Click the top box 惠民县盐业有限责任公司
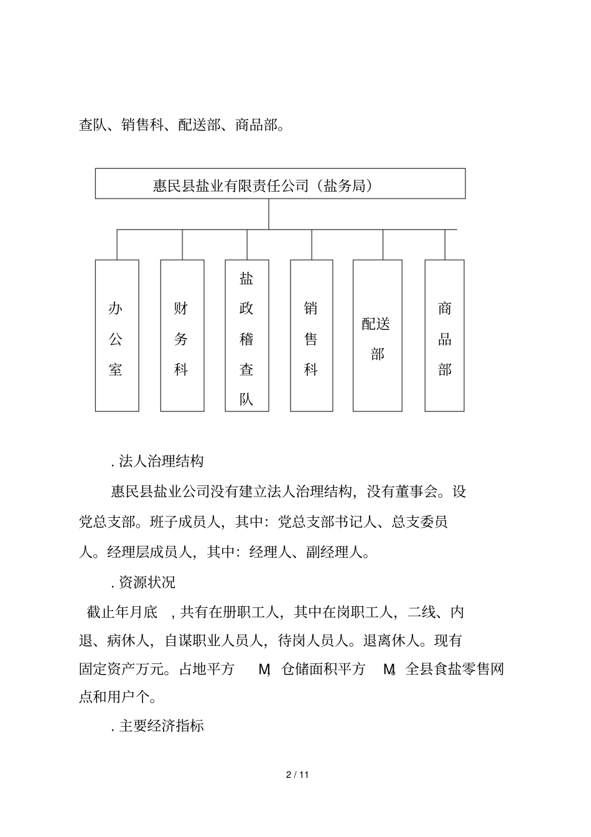pos(280,184)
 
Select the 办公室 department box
pos(117,335)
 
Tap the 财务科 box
pos(182,335)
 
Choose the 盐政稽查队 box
pos(247,335)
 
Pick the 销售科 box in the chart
pos(312,335)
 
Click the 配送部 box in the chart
pos(377,335)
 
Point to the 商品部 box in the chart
pos(444,335)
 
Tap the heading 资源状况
pos(147,582)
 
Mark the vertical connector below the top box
pos(269,213)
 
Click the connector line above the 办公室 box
pos(117,244)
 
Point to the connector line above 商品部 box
pos(445,244)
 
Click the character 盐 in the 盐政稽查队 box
pos(247,278)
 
